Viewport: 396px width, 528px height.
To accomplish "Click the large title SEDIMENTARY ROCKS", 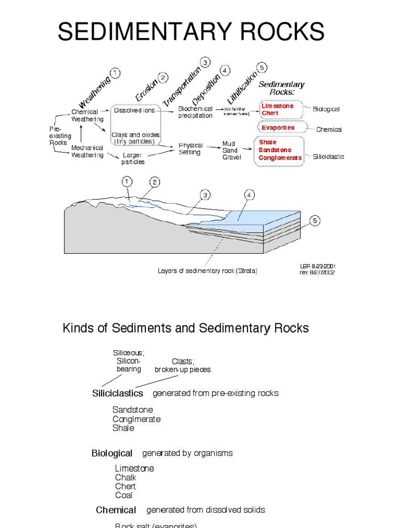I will point(191,32).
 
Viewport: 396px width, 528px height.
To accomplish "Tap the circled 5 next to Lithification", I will point(262,67).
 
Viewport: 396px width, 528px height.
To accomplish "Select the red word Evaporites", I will point(278,127).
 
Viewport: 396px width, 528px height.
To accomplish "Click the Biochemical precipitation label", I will point(195,112).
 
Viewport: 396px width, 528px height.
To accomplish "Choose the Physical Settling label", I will point(190,149).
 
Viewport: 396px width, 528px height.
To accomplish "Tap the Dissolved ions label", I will point(135,110).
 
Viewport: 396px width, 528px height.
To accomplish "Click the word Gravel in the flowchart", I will point(232,157).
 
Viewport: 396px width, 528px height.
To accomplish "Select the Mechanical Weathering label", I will point(87,151).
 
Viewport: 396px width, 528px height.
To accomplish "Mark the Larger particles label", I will point(133,158).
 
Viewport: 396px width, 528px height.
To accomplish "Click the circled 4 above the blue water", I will point(250,195).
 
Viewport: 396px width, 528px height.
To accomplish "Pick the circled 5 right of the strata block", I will point(315,221).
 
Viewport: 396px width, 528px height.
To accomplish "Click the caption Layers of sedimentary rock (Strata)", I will point(207,271).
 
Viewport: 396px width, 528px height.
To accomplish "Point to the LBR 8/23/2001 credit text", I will point(317,266).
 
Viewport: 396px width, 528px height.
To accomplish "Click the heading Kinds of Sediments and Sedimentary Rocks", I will point(186,328).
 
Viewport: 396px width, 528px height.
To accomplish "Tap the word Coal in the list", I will point(124,495).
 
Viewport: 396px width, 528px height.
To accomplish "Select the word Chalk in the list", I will point(126,477).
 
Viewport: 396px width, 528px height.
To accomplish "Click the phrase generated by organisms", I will point(187,453).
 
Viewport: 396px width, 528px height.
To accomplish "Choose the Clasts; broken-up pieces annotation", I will point(183,366).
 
